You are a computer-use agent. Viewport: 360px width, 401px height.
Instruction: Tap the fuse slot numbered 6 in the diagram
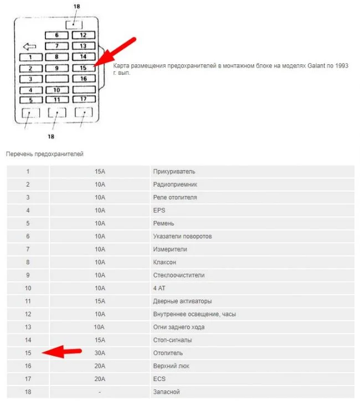tap(57, 35)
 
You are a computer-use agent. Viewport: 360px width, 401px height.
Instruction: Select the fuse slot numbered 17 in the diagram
tap(84, 99)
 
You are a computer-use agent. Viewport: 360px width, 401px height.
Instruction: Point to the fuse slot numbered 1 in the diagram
tap(32, 56)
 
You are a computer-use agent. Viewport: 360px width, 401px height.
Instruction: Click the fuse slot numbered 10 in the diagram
tap(57, 89)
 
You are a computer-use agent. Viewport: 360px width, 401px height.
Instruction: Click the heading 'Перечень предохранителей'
tap(45, 153)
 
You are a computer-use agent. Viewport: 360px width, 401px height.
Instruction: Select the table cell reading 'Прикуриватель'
tap(174, 171)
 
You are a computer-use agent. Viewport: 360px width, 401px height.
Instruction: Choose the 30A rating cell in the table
tap(100, 353)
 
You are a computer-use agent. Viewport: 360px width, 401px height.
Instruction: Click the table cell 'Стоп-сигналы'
tap(173, 340)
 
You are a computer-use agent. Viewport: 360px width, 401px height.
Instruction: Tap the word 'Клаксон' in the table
tap(164, 262)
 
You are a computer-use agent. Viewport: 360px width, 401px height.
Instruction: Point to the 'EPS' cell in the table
tap(159, 210)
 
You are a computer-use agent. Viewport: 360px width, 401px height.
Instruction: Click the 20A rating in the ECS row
tap(100, 379)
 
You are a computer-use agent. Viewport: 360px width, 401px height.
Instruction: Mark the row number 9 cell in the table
tap(28, 275)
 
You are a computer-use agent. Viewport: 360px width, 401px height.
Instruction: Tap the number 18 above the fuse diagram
tap(76, 6)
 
